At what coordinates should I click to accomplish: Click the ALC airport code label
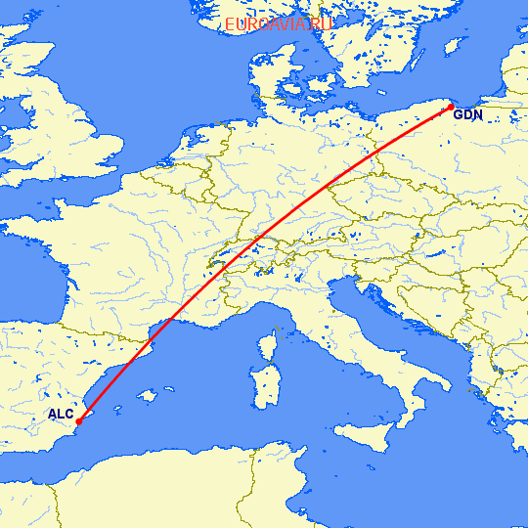coord(61,415)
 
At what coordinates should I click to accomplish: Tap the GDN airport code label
coord(468,116)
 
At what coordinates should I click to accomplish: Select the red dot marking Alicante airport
coord(77,421)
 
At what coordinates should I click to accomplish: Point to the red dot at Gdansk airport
coord(452,106)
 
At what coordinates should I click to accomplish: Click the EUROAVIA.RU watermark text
coord(279,24)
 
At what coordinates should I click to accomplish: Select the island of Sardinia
coord(263,387)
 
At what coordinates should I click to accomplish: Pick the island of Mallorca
coord(148,395)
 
